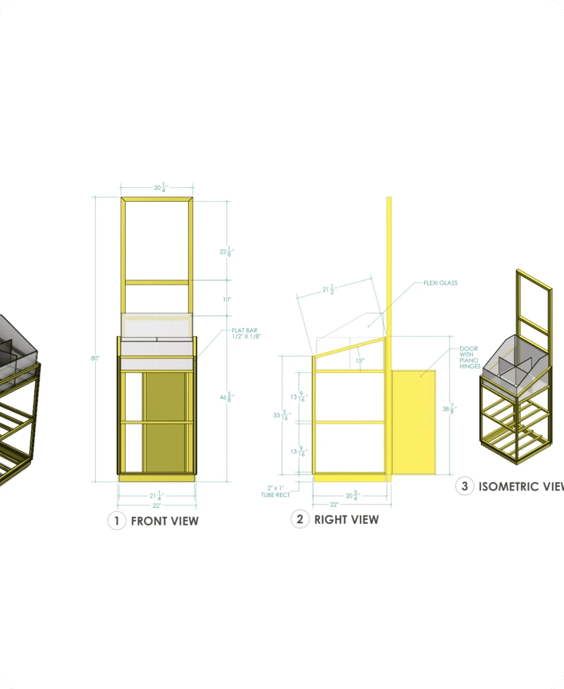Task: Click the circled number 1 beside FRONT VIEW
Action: (116, 521)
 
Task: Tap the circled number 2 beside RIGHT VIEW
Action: (300, 519)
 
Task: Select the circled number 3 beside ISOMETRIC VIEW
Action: (465, 486)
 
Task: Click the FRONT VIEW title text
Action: (165, 521)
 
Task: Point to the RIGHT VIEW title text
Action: (346, 519)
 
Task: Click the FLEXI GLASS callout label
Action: (440, 283)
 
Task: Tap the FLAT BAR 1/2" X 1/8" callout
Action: (246, 333)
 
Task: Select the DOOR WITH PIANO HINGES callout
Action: (469, 357)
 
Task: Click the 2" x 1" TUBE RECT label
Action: (275, 491)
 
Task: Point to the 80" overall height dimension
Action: (95, 358)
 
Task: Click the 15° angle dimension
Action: (359, 361)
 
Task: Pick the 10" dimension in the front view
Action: (227, 299)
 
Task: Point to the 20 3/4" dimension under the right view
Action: (352, 495)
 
